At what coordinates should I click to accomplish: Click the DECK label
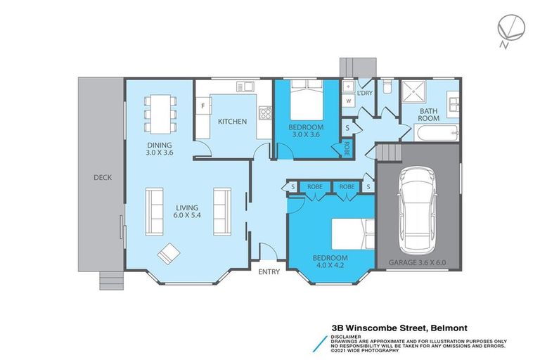pyautogui.click(x=102, y=177)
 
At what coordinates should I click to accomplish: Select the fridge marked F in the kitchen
pyautogui.click(x=203, y=107)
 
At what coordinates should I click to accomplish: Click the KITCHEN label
pyautogui.click(x=232, y=122)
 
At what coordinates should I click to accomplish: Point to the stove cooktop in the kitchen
pyautogui.click(x=265, y=112)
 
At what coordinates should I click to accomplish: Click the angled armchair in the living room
pyautogui.click(x=169, y=253)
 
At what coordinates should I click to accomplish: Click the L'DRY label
pyautogui.click(x=364, y=94)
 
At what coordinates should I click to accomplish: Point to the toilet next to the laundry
pyautogui.click(x=387, y=88)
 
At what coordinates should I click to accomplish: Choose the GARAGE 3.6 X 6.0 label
pyautogui.click(x=418, y=264)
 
